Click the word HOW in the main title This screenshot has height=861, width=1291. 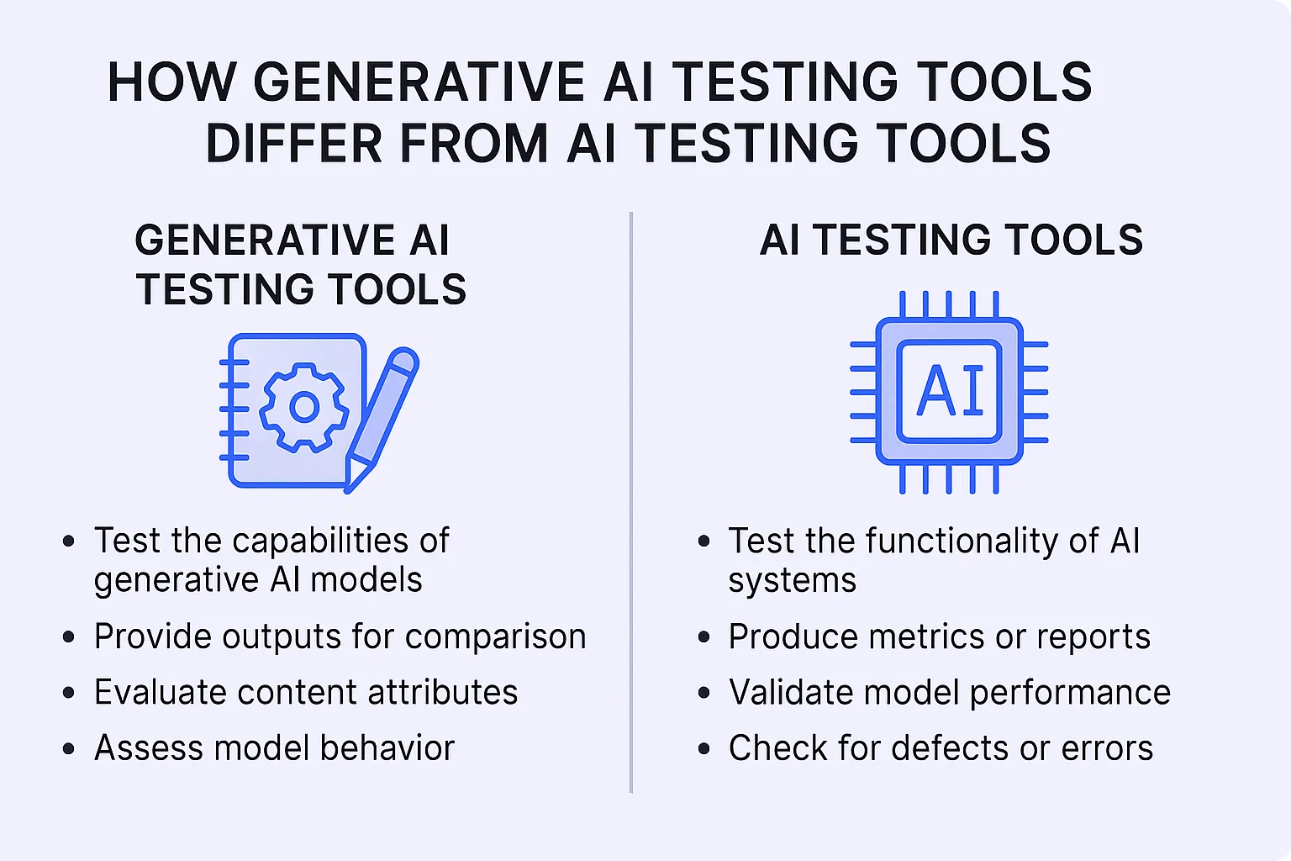[x=171, y=82]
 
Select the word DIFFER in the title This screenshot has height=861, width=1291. [x=293, y=144]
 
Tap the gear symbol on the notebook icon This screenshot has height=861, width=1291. [x=303, y=407]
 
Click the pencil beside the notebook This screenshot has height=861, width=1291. [x=382, y=416]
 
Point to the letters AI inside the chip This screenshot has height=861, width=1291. [x=950, y=391]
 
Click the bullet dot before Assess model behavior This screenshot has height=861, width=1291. [x=69, y=748]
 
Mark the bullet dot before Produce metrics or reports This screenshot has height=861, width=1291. [x=704, y=637]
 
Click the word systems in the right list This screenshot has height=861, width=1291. [x=792, y=581]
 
